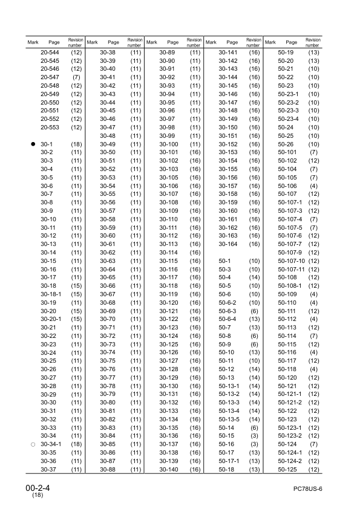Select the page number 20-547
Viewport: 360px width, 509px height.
point(50,78)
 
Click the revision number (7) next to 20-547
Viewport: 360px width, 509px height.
point(76,78)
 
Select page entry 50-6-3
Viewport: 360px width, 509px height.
point(229,311)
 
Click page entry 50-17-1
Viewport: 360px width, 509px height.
point(229,461)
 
